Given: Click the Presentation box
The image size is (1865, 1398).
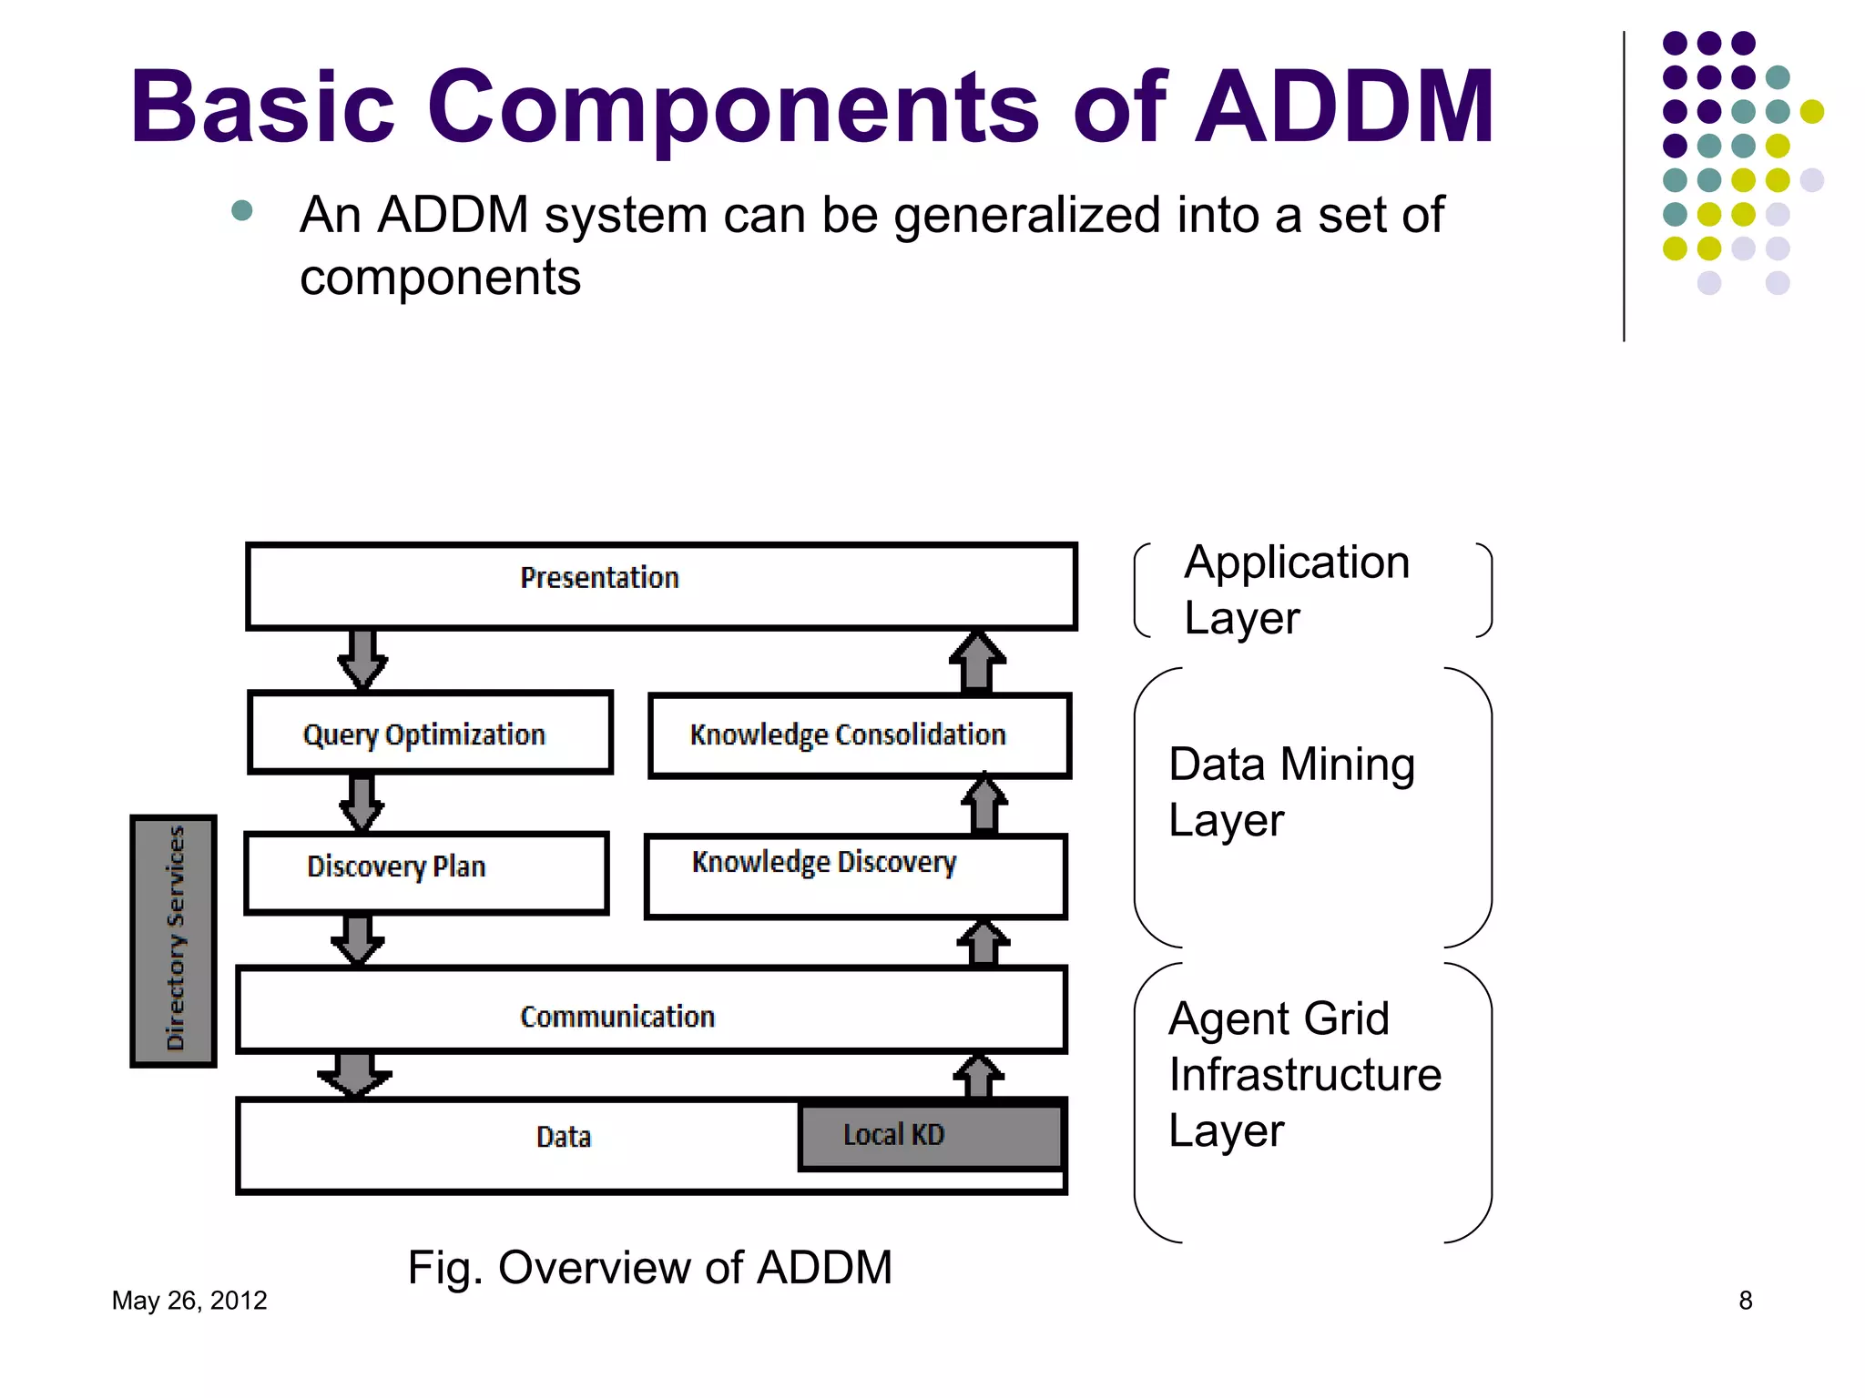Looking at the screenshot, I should (661, 585).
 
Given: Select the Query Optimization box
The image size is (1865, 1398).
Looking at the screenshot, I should (430, 733).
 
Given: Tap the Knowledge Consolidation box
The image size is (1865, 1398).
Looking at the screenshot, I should (859, 734).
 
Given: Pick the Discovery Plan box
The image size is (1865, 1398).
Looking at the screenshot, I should (425, 872).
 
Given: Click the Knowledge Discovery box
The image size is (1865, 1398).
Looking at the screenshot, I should (854, 876).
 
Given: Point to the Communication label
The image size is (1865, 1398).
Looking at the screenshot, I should (617, 1017).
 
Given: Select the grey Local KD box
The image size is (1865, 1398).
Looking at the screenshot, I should (930, 1135).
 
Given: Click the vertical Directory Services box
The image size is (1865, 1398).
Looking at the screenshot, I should (174, 940).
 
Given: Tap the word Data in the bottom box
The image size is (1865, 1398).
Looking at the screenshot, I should (564, 1137).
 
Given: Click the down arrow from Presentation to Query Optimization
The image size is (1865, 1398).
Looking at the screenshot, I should (362, 659).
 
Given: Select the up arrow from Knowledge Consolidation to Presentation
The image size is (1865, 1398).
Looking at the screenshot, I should (977, 662).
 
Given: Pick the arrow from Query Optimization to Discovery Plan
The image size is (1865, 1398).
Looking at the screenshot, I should (362, 803).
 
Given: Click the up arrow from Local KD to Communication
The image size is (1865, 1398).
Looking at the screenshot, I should (978, 1077).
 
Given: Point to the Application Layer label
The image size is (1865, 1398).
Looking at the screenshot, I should (1296, 590).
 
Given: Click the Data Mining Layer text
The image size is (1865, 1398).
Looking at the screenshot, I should (1290, 791).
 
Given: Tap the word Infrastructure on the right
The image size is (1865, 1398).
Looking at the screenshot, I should (1304, 1075).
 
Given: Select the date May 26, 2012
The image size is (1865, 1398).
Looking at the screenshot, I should (189, 1301).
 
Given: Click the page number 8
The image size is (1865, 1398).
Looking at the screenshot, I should (1745, 1301).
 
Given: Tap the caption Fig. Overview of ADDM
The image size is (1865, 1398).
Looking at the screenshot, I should (649, 1267).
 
